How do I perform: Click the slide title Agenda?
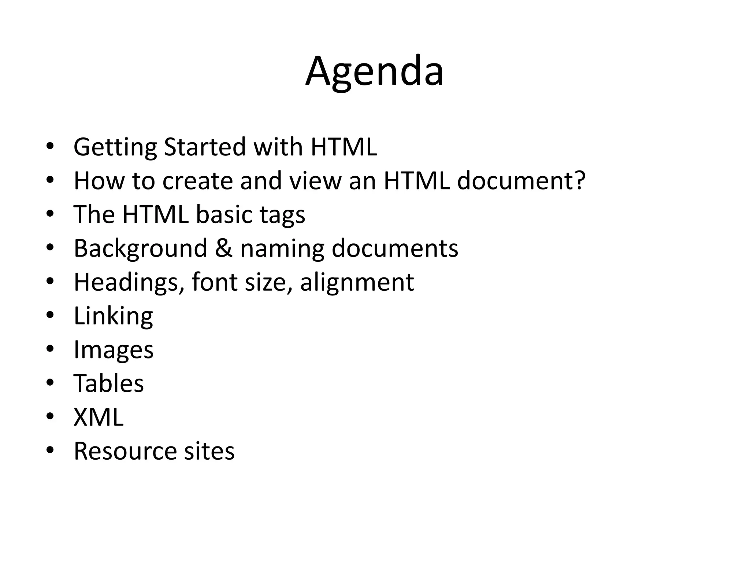pyautogui.click(x=374, y=71)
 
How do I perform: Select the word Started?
pyautogui.click(x=205, y=147)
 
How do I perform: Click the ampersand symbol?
pyautogui.click(x=223, y=248)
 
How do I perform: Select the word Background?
pyautogui.click(x=141, y=249)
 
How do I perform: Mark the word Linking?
pyautogui.click(x=114, y=316)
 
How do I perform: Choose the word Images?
pyautogui.click(x=114, y=350)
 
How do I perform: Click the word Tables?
pyautogui.click(x=109, y=383)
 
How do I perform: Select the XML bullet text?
pyautogui.click(x=99, y=417)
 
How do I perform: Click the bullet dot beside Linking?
pyautogui.click(x=50, y=315)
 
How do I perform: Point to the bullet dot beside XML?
pyautogui.click(x=50, y=416)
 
